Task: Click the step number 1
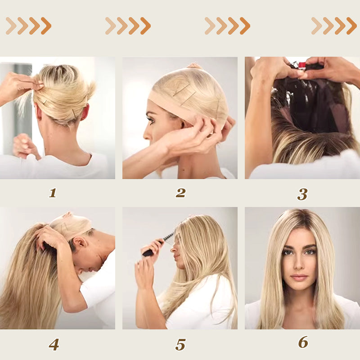(x=53, y=193)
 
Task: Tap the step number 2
(x=181, y=193)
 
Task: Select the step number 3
(x=302, y=194)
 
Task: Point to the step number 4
(x=54, y=345)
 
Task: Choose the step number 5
(x=180, y=345)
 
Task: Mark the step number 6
(x=303, y=342)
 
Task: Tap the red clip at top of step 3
(x=302, y=65)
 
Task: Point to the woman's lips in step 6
(x=299, y=277)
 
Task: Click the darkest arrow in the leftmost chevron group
(x=46, y=26)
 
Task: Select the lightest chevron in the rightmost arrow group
(x=317, y=26)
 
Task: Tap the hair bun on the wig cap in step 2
(x=195, y=66)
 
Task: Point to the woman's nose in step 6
(x=299, y=265)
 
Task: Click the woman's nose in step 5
(x=173, y=248)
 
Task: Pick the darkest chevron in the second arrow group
(x=145, y=26)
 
